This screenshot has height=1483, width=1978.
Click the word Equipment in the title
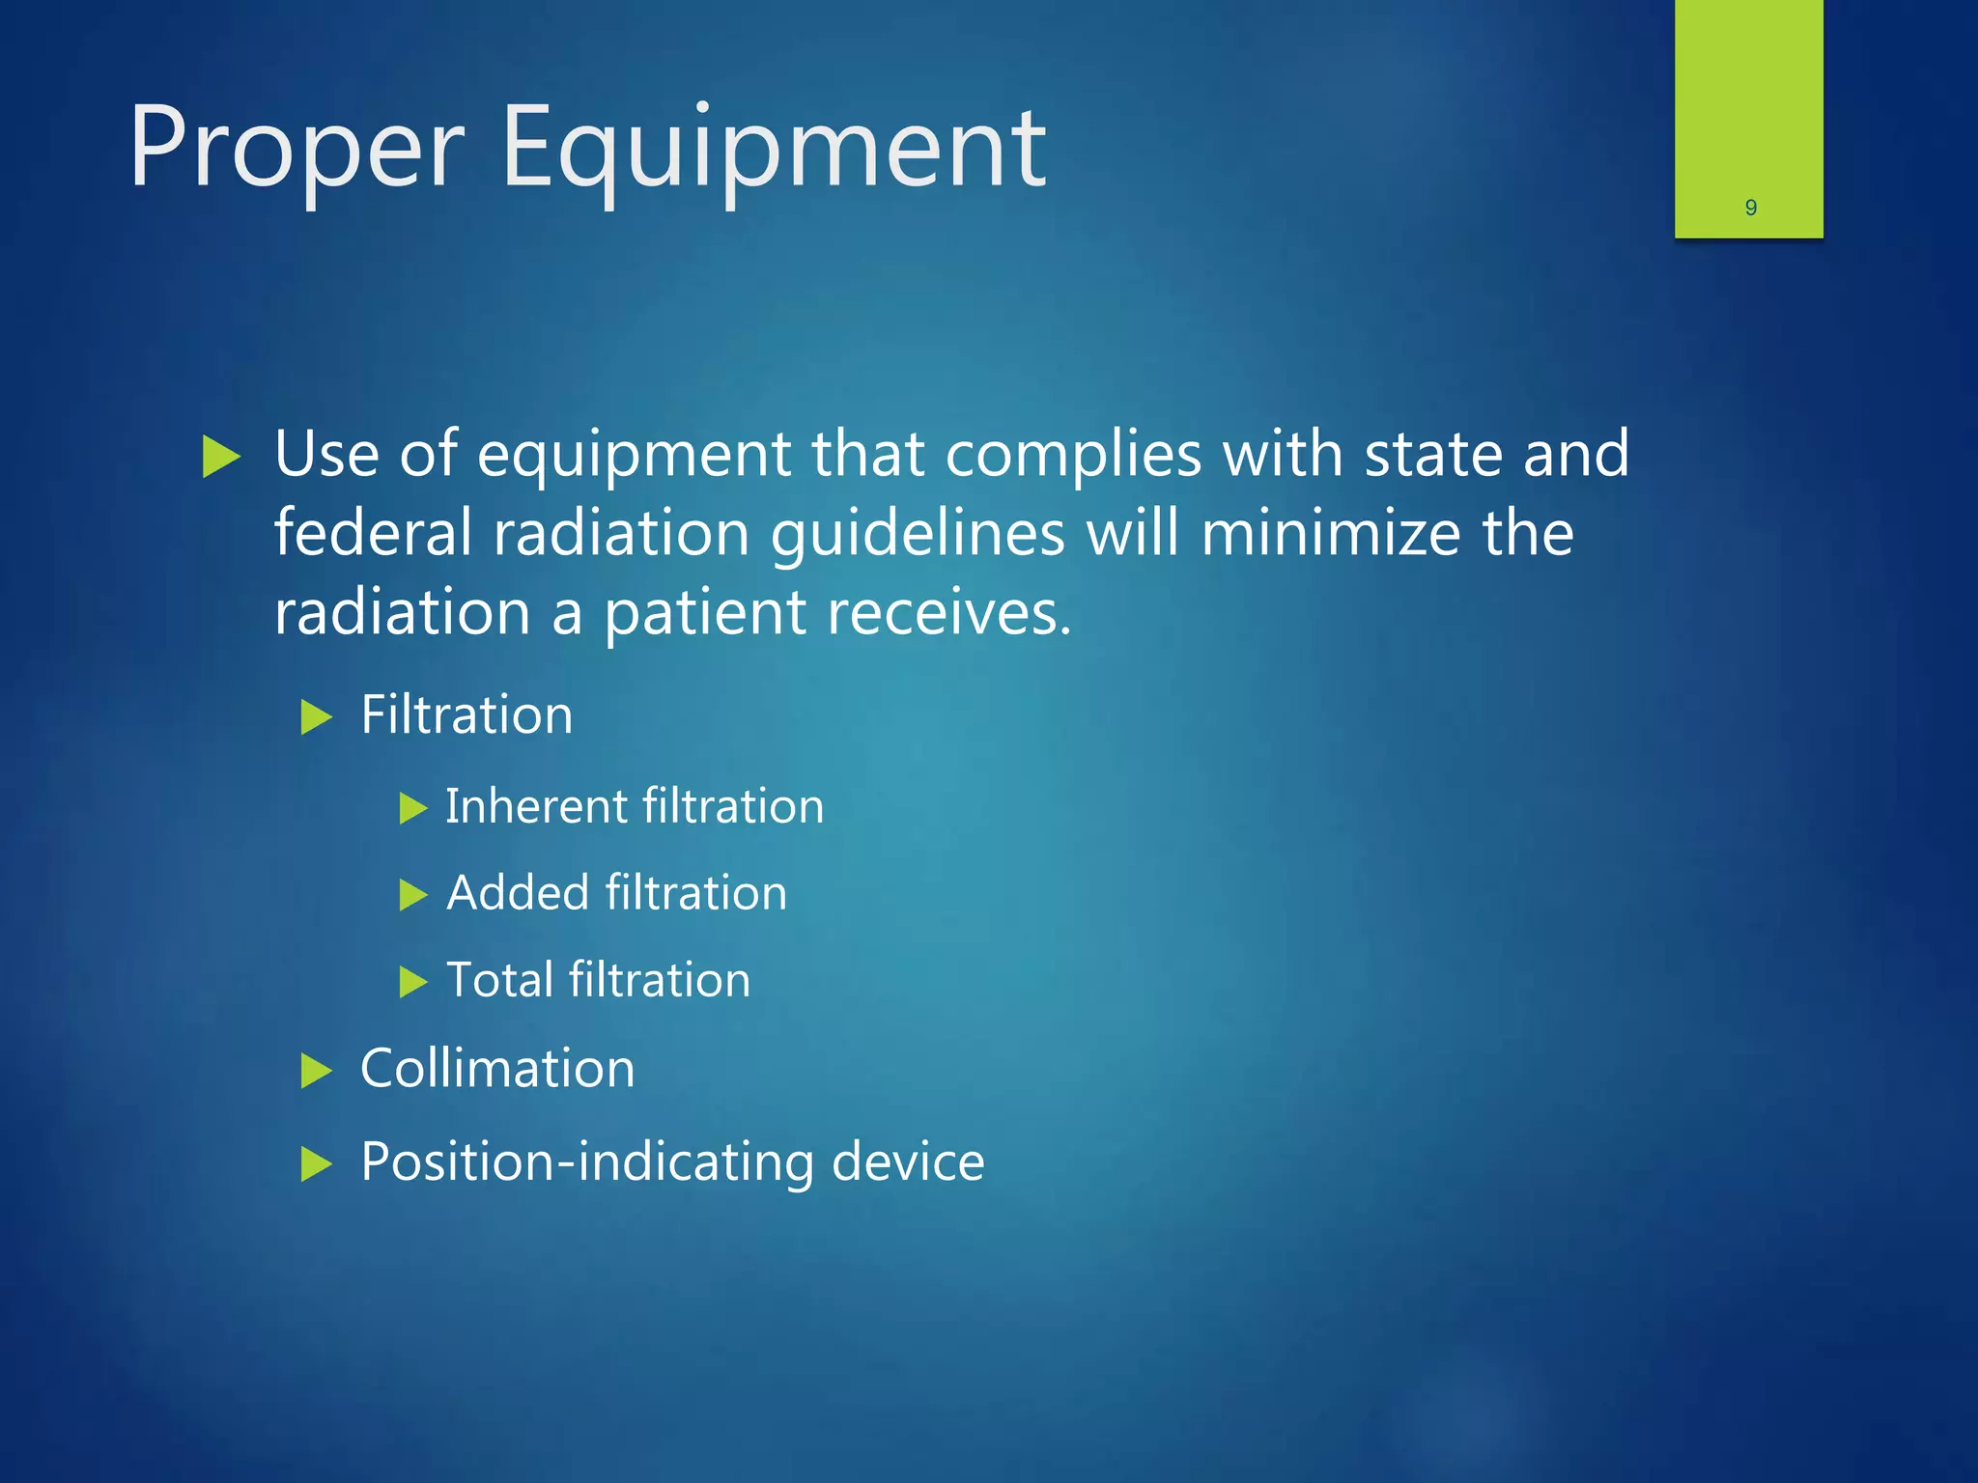pyautogui.click(x=773, y=150)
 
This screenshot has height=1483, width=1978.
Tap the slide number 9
pyautogui.click(x=1750, y=208)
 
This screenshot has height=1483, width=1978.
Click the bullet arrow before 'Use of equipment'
pyautogui.click(x=221, y=456)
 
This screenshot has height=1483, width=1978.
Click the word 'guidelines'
pyautogui.click(x=918, y=535)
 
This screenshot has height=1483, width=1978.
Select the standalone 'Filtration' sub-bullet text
pyautogui.click(x=466, y=715)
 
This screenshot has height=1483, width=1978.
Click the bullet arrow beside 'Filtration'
pyautogui.click(x=316, y=717)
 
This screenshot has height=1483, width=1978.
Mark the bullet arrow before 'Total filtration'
pyautogui.click(x=412, y=983)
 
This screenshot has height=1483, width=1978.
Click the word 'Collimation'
pyautogui.click(x=497, y=1069)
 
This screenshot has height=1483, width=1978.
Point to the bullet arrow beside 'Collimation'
pyautogui.click(x=316, y=1071)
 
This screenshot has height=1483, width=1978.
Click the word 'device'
pyautogui.click(x=908, y=1161)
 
